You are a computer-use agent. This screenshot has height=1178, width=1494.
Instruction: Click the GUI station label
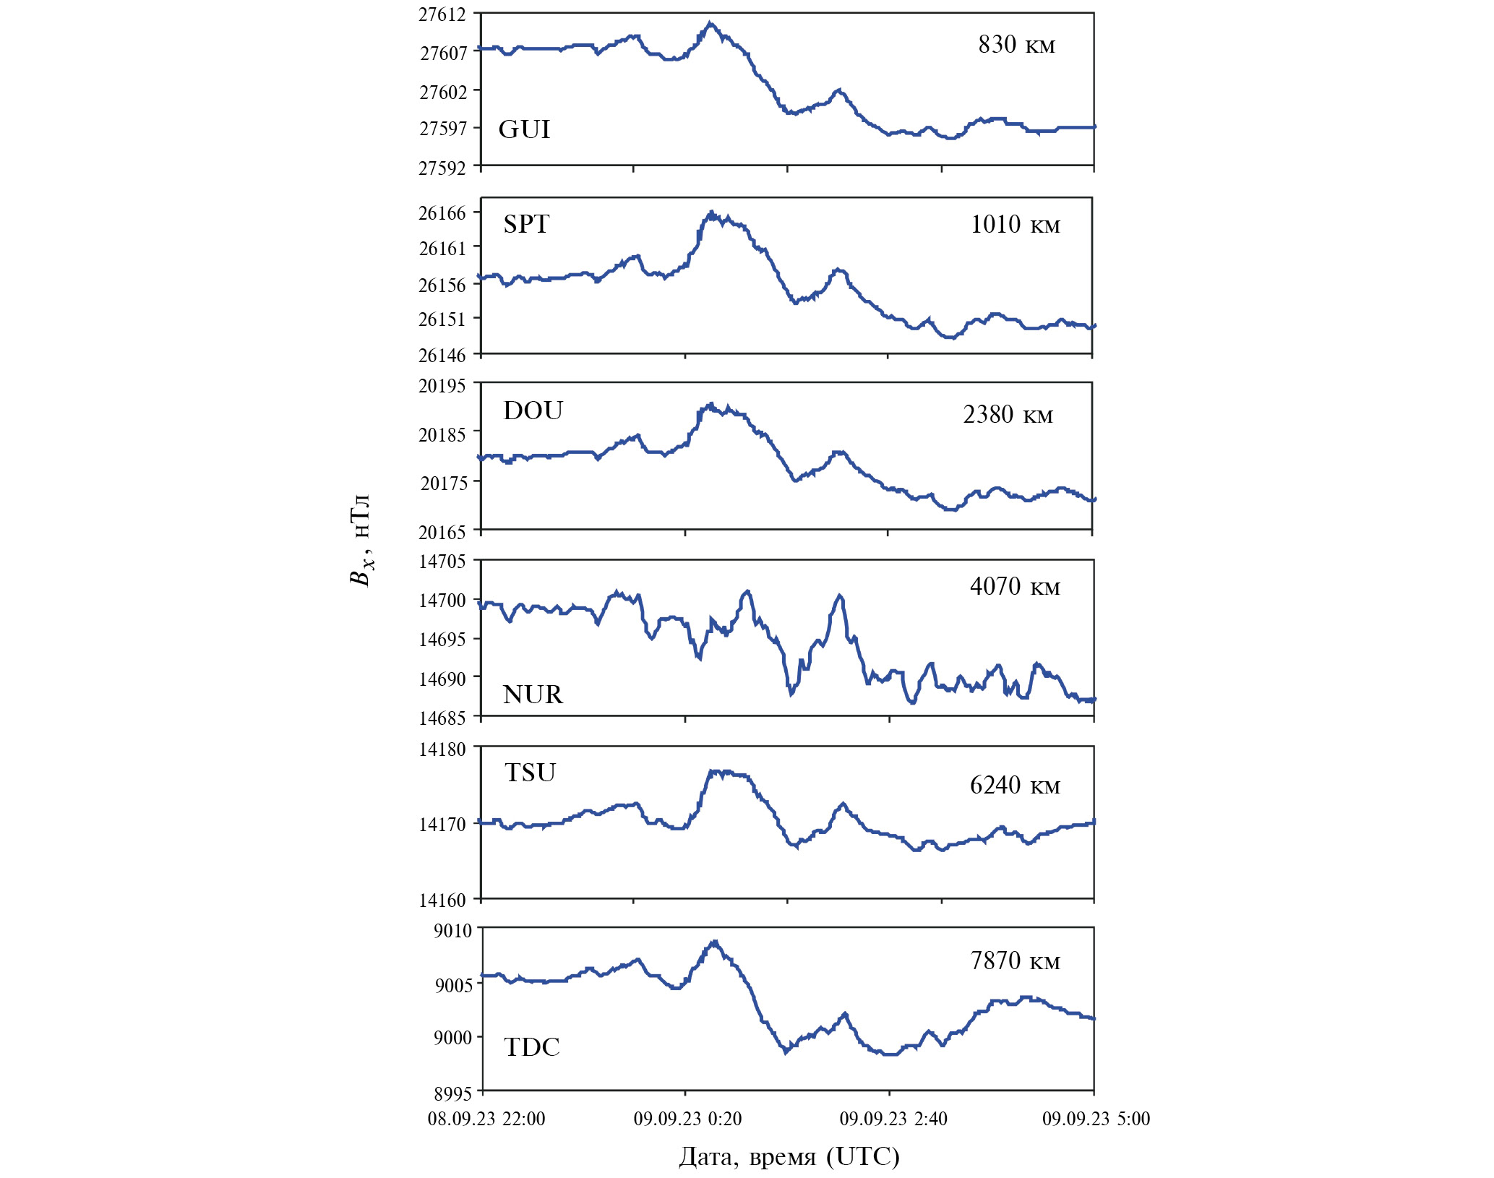524,129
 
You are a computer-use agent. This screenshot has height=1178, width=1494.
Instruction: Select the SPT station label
526,224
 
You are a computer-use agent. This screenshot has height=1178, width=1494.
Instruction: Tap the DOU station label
533,410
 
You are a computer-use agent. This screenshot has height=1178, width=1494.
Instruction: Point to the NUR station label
533,695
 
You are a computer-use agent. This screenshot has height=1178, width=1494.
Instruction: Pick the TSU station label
530,773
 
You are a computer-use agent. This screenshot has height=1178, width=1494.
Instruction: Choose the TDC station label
532,1047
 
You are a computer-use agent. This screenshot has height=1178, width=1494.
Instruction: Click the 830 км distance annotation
1016,45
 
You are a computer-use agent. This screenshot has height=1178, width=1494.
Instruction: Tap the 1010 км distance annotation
1015,225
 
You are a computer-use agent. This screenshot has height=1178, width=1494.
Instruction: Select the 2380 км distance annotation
1008,415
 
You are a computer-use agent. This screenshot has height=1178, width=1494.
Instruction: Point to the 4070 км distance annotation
1015,586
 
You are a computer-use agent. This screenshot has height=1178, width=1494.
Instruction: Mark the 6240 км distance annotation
1015,785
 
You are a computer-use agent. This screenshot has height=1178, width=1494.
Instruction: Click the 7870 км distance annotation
1015,960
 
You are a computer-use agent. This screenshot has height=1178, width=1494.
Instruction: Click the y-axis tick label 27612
442,14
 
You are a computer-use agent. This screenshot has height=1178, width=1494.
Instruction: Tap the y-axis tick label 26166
442,212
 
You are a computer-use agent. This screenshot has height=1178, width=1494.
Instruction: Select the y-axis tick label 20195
442,385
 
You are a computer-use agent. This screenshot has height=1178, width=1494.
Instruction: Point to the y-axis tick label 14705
442,562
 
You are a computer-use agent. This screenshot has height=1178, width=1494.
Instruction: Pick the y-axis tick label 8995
452,1093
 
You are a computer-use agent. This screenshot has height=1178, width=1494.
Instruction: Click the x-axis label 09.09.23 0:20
687,1119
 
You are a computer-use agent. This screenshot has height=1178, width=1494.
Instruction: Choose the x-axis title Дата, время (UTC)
789,1156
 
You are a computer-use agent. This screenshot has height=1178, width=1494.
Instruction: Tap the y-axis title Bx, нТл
360,541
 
